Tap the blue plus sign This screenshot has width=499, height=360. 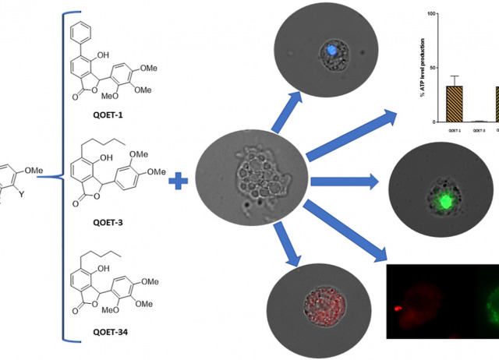tap(180, 182)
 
